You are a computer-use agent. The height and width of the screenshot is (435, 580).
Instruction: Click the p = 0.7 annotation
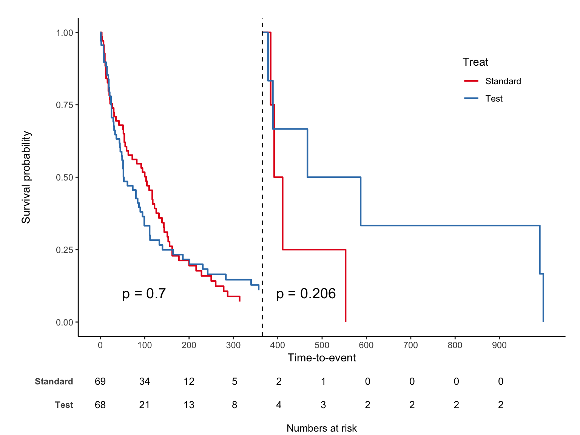point(144,294)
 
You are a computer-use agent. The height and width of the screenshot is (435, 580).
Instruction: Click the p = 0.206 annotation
point(306,294)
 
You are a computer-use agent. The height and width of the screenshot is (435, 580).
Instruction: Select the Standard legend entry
point(503,81)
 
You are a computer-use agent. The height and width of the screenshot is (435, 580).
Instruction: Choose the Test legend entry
point(494,99)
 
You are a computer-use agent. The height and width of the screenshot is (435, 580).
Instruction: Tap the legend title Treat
point(475,62)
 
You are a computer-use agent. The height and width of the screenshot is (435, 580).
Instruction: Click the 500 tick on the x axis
point(322,345)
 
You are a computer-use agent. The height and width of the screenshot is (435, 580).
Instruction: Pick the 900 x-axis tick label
point(499,345)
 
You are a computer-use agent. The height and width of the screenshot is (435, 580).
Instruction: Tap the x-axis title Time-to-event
point(322,358)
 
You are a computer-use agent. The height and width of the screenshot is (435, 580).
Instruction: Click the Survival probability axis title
point(26,177)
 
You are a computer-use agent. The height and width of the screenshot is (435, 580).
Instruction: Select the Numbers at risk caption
point(322,428)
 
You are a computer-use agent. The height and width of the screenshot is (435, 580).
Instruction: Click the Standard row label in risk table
point(54,381)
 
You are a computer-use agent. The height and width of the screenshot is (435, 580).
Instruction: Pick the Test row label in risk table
point(64,405)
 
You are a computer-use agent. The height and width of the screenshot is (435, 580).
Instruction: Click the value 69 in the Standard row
point(100,381)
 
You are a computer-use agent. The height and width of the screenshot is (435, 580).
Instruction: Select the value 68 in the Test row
point(100,405)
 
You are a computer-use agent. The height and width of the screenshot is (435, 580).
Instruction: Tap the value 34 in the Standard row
point(145,381)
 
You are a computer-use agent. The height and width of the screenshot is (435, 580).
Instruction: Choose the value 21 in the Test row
point(145,405)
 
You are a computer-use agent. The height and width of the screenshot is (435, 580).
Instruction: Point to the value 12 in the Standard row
point(189,381)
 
